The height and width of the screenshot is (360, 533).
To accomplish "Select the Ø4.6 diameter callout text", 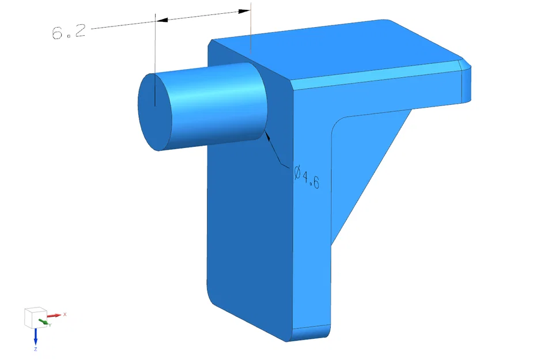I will click(x=307, y=177).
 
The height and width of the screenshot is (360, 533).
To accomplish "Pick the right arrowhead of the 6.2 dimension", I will click(x=245, y=11).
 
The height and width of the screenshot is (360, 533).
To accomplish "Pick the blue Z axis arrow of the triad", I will click(x=36, y=336).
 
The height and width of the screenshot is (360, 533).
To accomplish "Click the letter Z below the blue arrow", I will click(x=36, y=349).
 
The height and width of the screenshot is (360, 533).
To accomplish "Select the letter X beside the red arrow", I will click(x=65, y=314).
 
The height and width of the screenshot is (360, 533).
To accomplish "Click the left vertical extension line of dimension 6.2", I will click(x=156, y=58).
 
